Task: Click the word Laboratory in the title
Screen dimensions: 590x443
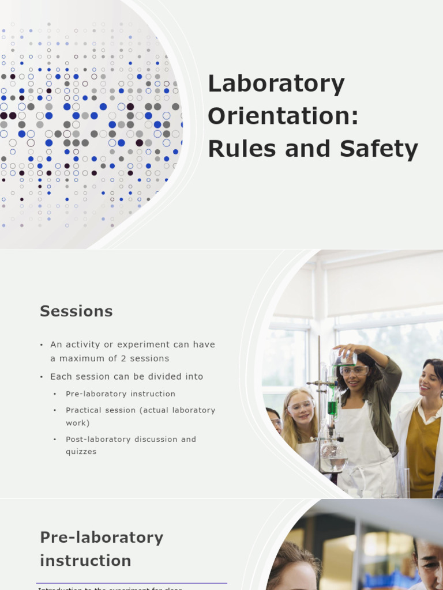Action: click(x=276, y=84)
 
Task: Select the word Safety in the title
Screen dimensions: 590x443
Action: click(x=378, y=149)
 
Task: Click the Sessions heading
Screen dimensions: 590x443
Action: click(x=76, y=312)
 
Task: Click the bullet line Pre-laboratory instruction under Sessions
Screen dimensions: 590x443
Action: click(x=121, y=394)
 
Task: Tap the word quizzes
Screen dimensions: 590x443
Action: click(x=81, y=452)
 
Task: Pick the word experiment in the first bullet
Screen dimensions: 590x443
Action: click(x=144, y=345)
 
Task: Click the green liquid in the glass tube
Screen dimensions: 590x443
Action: click(x=332, y=407)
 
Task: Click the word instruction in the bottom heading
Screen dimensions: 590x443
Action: click(x=85, y=561)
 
